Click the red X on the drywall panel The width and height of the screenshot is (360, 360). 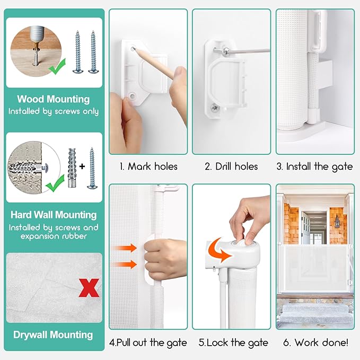point(89,288)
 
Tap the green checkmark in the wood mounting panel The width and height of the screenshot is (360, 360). point(57,67)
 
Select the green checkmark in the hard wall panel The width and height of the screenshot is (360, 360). point(55,183)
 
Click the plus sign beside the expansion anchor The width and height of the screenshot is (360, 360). point(82,166)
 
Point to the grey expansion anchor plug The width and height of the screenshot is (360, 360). point(72,168)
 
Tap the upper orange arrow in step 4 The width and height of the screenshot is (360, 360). point(125,248)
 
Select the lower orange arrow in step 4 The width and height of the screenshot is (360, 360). point(125,264)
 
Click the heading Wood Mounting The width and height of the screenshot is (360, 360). point(54,99)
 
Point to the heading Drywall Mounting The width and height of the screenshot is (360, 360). point(53,335)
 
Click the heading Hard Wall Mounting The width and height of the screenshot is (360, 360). point(54,215)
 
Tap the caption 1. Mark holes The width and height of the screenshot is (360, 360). point(148,166)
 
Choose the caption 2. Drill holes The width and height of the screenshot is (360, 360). point(231,166)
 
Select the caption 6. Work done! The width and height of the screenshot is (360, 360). point(315,343)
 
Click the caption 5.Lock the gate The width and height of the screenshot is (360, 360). point(233,343)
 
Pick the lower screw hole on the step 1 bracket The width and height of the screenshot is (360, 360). point(132,95)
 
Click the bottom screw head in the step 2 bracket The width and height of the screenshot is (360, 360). point(215,107)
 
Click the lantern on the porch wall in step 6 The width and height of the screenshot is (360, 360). point(337,222)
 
